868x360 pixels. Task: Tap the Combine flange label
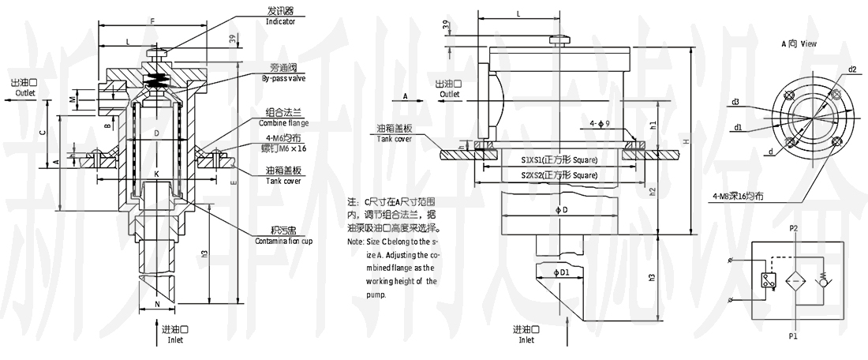pyautogui.click(x=282, y=123)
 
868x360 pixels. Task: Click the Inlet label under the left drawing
pyautogui.click(x=174, y=340)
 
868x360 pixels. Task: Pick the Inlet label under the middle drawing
pyautogui.click(x=526, y=340)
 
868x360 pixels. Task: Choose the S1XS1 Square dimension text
pyautogui.click(x=559, y=160)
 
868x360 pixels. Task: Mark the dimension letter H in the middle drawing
pyautogui.click(x=687, y=140)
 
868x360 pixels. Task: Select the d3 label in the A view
pyautogui.click(x=735, y=102)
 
